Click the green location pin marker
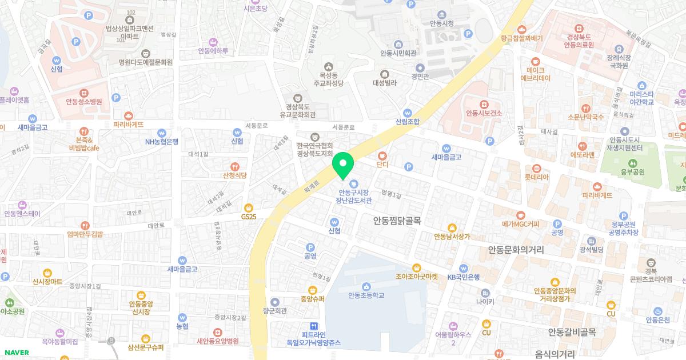click(x=343, y=165)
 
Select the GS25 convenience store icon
click(x=248, y=208)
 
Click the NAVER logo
click(x=17, y=353)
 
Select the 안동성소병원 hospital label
click(x=83, y=102)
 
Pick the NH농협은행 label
click(x=162, y=142)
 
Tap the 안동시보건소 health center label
click(x=484, y=113)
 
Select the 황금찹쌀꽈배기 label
click(x=521, y=38)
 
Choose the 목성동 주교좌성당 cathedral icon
click(x=328, y=67)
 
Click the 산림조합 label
click(x=407, y=122)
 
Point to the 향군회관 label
click(x=275, y=311)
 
